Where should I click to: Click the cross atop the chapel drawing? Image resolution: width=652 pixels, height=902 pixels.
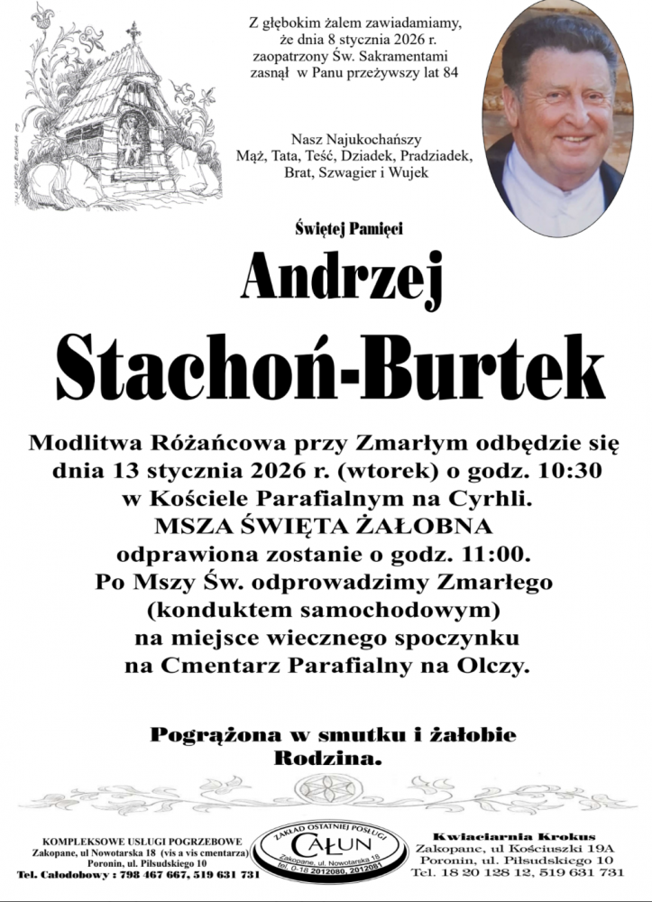134,32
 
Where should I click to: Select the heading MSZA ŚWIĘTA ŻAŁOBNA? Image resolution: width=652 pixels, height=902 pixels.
326,525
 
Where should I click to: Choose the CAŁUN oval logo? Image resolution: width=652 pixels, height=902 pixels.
329,851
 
